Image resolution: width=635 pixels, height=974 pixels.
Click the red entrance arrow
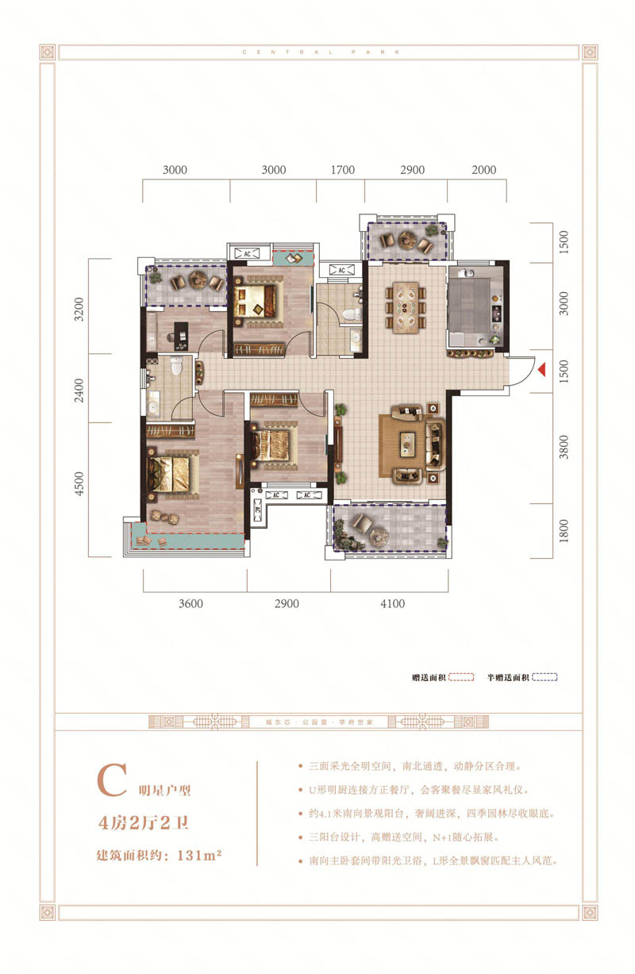pyautogui.click(x=542, y=369)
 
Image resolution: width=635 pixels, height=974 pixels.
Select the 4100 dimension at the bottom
pyautogui.click(x=392, y=603)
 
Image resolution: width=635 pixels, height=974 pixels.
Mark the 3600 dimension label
pyautogui.click(x=190, y=603)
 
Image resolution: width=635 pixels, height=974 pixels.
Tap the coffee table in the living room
pyautogui.click(x=410, y=440)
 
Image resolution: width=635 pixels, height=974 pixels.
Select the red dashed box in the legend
pyautogui.click(x=461, y=677)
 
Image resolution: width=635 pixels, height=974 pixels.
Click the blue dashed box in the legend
pyautogui.click(x=545, y=677)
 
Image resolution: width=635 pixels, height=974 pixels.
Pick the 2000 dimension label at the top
pyautogui.click(x=483, y=170)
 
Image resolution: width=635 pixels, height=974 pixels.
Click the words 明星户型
pyautogui.click(x=166, y=790)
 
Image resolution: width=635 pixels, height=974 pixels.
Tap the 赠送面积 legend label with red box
pyautogui.click(x=427, y=677)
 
